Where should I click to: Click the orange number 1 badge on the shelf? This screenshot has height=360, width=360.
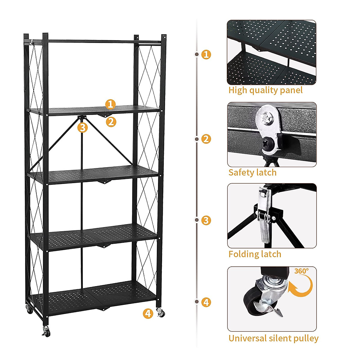[x=110, y=104]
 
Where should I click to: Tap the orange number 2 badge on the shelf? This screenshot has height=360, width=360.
[x=111, y=122]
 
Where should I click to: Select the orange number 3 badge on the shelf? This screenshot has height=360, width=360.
[x=82, y=127]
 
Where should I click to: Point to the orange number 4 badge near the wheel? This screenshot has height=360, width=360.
[x=148, y=313]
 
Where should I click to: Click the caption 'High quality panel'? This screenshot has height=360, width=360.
[x=265, y=90]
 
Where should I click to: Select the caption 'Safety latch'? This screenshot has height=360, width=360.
[x=252, y=172]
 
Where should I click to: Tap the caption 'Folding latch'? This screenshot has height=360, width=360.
[x=255, y=254]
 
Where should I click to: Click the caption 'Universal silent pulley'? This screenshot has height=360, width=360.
[x=273, y=338]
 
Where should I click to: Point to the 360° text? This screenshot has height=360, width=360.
[x=301, y=271]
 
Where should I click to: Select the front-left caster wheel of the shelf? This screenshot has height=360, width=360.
[x=46, y=331]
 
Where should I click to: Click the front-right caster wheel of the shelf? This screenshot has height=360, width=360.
[x=160, y=313]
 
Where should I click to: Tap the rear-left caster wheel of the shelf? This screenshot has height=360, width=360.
[x=29, y=309]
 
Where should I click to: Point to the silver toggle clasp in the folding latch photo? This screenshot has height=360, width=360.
[x=264, y=214]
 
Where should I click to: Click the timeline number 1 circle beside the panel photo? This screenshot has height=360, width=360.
[x=206, y=54]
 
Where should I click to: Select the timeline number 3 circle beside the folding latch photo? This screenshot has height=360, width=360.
[x=206, y=220]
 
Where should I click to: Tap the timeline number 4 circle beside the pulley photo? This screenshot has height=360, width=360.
[x=206, y=302]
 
